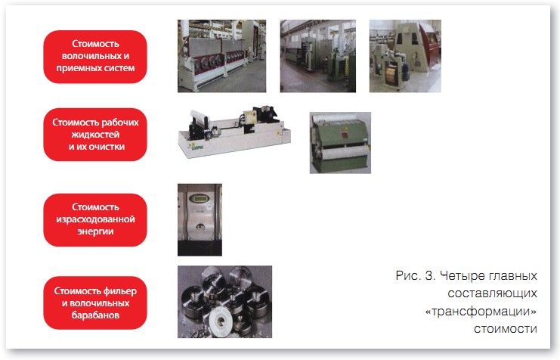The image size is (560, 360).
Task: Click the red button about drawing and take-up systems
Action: tap(95, 57)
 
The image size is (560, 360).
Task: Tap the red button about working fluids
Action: tap(95, 135)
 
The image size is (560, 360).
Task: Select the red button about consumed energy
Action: tap(95, 220)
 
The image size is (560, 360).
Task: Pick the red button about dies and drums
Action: tap(95, 303)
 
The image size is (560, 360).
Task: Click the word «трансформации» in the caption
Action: tap(481, 312)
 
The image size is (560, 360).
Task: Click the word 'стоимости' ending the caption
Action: tap(506, 328)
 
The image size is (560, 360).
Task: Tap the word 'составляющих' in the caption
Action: tap(492, 293)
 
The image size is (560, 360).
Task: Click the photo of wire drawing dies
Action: tap(224, 302)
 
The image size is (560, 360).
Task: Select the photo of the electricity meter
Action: tap(200, 220)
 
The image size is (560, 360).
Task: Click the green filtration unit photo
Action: tap(340, 143)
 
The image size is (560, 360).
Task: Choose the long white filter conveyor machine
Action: tap(234, 132)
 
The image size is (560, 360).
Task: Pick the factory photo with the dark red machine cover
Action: tap(405, 56)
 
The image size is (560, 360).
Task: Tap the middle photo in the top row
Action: tap(318, 56)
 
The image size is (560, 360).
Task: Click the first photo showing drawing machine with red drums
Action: tap(221, 56)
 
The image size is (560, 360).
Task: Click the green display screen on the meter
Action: tap(200, 198)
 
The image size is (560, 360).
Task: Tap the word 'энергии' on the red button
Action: tap(95, 231)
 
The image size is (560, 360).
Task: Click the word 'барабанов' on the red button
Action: tap(95, 315)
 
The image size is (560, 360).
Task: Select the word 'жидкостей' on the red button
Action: tap(95, 135)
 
